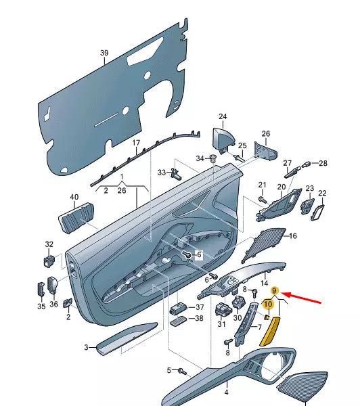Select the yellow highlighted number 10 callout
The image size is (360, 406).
(267, 305)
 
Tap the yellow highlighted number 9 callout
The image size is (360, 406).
(275, 291)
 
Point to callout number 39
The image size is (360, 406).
(104, 53)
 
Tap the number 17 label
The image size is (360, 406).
(135, 143)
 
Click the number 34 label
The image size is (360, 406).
(200, 158)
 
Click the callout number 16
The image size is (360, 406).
(293, 236)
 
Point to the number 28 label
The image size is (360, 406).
(323, 163)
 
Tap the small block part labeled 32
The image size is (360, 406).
(49, 258)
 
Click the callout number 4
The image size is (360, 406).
(226, 392)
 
